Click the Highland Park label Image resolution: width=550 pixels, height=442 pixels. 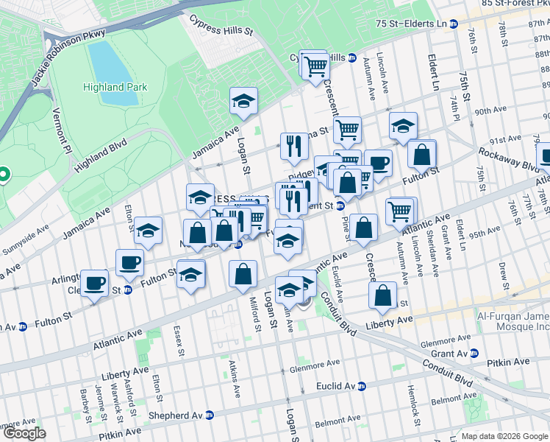click(x=114, y=87)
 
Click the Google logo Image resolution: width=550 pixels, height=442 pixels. click(x=24, y=433)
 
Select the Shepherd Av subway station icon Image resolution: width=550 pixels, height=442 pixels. click(x=209, y=415)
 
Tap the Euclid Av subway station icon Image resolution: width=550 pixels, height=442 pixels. click(x=360, y=386)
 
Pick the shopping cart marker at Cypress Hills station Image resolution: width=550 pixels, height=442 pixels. click(x=315, y=66)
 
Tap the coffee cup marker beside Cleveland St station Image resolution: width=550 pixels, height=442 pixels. click(x=96, y=283)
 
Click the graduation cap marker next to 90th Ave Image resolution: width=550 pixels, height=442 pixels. click(x=403, y=126)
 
